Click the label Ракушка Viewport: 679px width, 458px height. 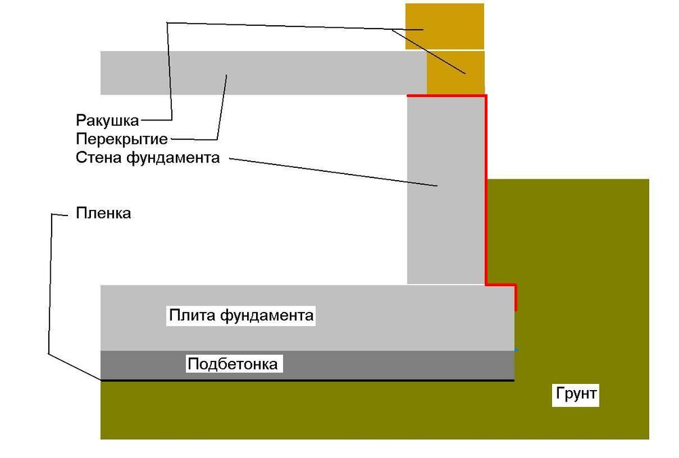[107, 121]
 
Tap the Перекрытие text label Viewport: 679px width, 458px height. [122, 140]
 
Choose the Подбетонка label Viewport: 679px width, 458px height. [232, 364]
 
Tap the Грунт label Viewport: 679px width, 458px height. [576, 394]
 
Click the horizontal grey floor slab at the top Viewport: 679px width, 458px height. [306, 73]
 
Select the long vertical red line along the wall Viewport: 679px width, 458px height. [486, 190]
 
